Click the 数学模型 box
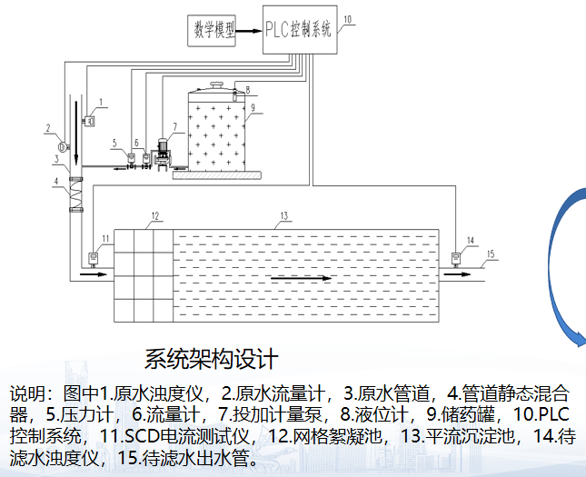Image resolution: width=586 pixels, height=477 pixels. [212, 30]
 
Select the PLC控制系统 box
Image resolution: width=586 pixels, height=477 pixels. [300, 30]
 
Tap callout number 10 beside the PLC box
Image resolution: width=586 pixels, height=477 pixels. [348, 19]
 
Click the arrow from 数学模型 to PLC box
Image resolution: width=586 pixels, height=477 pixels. [249, 31]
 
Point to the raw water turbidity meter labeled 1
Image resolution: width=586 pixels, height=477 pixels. [90, 121]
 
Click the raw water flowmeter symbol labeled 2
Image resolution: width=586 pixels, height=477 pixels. [64, 145]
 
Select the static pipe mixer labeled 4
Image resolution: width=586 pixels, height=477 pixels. [76, 194]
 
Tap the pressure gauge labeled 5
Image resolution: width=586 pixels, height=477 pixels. [131, 158]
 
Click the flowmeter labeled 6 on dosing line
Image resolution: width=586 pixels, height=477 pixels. [145, 158]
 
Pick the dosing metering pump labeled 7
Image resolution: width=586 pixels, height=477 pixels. [163, 154]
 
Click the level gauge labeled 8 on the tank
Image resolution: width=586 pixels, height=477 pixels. [234, 95]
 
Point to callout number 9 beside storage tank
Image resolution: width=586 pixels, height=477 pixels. [253, 107]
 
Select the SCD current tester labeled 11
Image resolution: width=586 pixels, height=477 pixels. [93, 258]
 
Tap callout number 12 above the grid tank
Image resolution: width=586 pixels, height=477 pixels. [155, 215]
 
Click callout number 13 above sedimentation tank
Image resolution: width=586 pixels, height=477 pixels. [284, 215]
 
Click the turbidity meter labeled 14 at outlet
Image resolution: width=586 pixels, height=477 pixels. [455, 258]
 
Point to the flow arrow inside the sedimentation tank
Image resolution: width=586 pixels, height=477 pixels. [302, 278]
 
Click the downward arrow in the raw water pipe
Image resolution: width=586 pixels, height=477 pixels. [76, 133]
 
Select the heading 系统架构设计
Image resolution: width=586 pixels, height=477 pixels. [211, 359]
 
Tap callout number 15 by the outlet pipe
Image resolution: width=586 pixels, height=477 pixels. [491, 254]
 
